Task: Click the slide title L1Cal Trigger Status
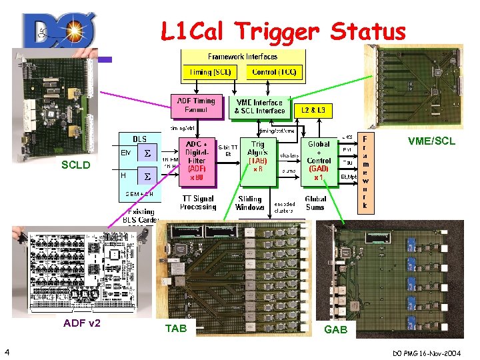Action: point(283,31)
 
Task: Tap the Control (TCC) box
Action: point(274,71)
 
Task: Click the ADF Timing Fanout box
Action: point(197,105)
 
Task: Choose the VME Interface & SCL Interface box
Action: point(261,106)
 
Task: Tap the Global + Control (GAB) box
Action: point(319,160)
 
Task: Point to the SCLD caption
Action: point(75,165)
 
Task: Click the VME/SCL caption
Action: point(431,141)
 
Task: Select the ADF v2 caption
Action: point(81,323)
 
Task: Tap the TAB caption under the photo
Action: point(176,328)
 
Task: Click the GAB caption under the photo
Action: point(335,329)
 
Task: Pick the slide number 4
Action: point(6,351)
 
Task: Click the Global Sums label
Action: point(315,203)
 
